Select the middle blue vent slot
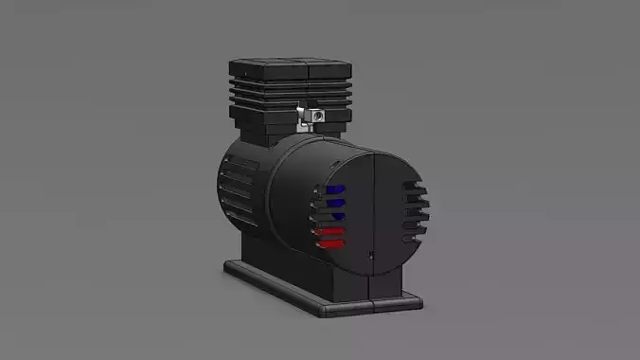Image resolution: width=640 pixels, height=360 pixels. click(334, 202)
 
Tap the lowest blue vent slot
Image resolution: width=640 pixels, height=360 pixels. click(333, 216)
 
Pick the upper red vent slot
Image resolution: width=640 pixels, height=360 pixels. click(331, 230)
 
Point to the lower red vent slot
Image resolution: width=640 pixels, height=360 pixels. click(332, 243)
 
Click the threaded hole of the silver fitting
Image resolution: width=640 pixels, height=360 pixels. click(316, 115)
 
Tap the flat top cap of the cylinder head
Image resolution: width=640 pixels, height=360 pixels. click(290, 69)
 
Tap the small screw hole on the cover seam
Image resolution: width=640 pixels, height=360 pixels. click(371, 254)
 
